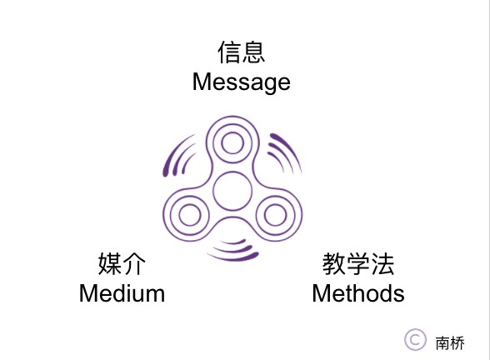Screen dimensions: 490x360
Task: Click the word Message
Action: (242, 82)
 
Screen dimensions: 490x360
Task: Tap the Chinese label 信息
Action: (242, 52)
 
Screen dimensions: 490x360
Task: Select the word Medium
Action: (122, 293)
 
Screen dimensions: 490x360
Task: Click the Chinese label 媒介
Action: (122, 263)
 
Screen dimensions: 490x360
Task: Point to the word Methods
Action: (358, 293)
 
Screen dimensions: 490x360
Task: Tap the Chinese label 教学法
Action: (358, 264)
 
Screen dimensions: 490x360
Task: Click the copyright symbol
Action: (415, 340)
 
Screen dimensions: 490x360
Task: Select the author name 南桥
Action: (450, 343)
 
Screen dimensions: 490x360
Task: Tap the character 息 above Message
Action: (253, 52)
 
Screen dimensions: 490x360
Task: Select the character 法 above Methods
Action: (382, 264)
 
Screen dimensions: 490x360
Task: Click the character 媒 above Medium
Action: (110, 263)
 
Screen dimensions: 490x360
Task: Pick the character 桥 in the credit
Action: (457, 343)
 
